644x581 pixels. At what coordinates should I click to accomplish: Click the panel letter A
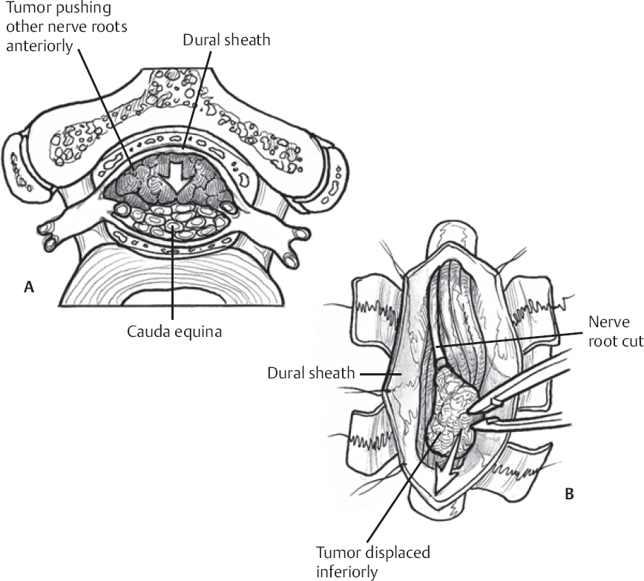pos(28,288)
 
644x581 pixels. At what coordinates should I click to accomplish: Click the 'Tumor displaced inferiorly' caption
pos(373,562)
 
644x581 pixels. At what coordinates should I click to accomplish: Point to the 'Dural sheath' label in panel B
pos(311,372)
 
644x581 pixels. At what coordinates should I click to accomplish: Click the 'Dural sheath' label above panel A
pos(226,40)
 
